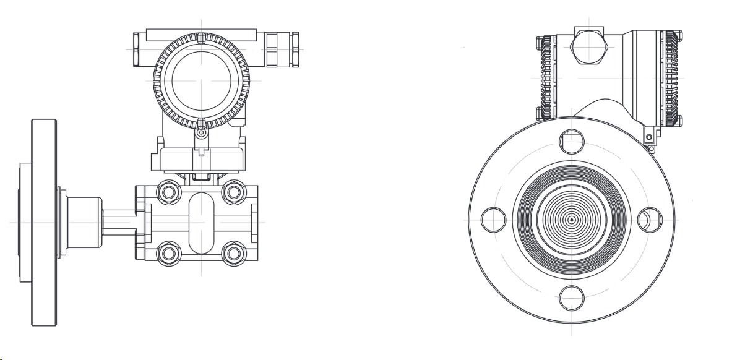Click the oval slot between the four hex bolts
[200, 222]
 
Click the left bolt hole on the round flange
[493, 220]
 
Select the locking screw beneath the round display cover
[200, 132]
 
